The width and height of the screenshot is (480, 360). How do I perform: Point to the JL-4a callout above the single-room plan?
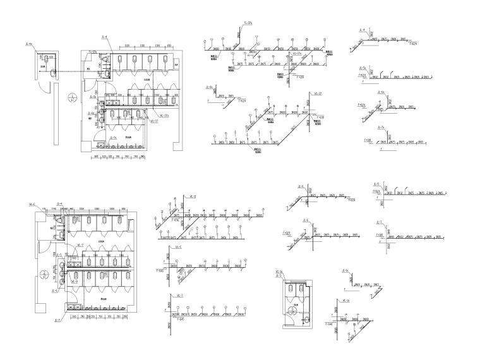click(29, 45)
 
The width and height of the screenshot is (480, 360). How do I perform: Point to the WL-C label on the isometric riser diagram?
click(179, 246)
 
